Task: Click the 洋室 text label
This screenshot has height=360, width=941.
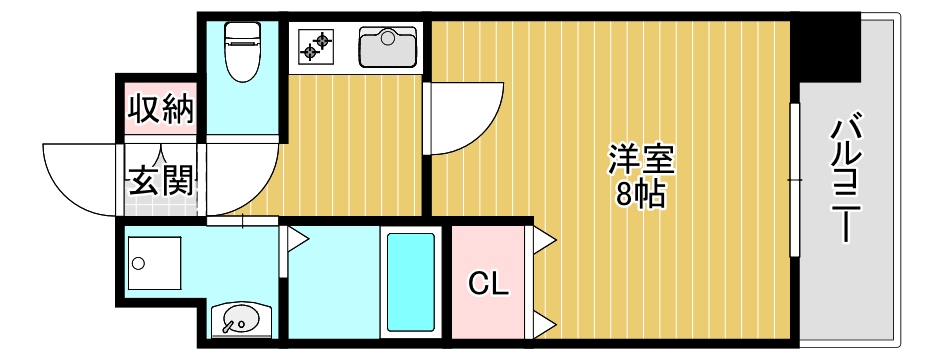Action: click(x=642, y=160)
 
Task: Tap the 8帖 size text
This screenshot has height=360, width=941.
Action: click(x=641, y=194)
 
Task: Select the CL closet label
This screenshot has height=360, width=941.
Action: click(x=489, y=284)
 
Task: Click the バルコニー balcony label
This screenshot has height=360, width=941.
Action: click(x=847, y=180)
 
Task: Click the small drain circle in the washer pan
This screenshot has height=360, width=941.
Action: click(x=139, y=264)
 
